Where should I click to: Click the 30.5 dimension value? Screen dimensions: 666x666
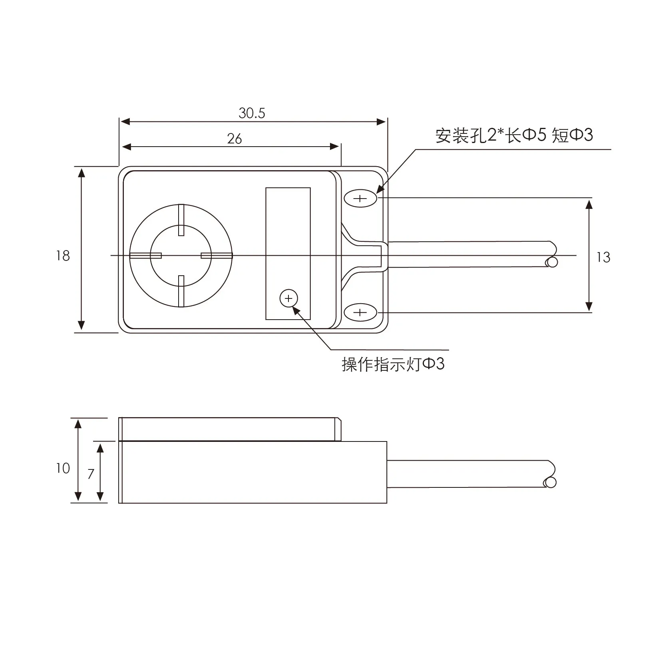click(252, 113)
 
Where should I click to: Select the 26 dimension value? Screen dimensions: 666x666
click(235, 139)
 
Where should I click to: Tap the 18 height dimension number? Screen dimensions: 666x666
click(63, 256)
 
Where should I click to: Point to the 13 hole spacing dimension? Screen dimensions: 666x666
click(603, 257)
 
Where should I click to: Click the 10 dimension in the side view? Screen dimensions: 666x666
click(63, 468)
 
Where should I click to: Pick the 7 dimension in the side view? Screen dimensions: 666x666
click(91, 474)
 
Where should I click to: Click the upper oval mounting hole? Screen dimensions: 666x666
click(360, 199)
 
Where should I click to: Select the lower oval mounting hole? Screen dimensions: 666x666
click(360, 312)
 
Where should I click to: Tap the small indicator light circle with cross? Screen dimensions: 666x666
click(288, 298)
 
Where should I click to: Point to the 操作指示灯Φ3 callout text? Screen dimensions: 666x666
click(393, 364)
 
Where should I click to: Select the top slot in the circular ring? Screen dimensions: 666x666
click(181, 220)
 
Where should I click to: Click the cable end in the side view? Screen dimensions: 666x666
click(550, 483)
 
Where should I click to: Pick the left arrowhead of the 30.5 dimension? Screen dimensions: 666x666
click(125, 121)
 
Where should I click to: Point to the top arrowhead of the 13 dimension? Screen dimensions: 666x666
click(589, 204)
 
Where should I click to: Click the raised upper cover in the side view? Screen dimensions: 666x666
click(230, 429)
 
